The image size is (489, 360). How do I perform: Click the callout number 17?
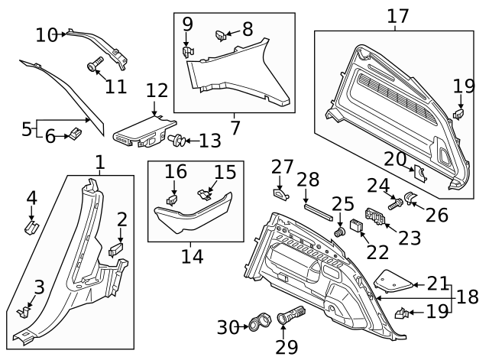pyautogui.click(x=397, y=15)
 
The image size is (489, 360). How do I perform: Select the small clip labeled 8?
pyautogui.click(x=219, y=34)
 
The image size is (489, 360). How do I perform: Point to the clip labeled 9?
pyautogui.click(x=187, y=52)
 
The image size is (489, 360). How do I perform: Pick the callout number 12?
pyautogui.click(x=157, y=91)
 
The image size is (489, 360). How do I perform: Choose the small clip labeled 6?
pyautogui.click(x=76, y=135)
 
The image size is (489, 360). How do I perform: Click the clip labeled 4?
pyautogui.click(x=31, y=228)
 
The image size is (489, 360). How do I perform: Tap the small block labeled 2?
pyautogui.click(x=115, y=248)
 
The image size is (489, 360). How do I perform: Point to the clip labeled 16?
pyautogui.click(x=173, y=200)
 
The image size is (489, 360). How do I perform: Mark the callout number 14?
pyautogui.click(x=193, y=255)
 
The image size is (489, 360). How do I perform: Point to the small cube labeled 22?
pyautogui.click(x=356, y=225)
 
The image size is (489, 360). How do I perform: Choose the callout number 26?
pyautogui.click(x=436, y=215)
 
